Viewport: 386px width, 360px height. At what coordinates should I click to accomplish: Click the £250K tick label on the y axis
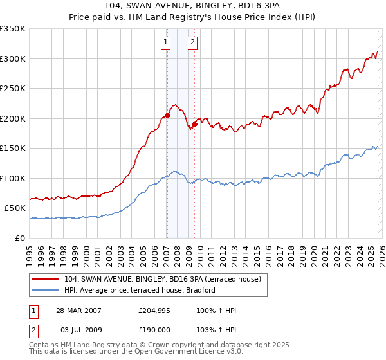13,89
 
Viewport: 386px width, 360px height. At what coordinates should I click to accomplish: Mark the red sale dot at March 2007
167,116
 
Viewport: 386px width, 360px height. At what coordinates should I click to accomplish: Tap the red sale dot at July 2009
194,124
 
